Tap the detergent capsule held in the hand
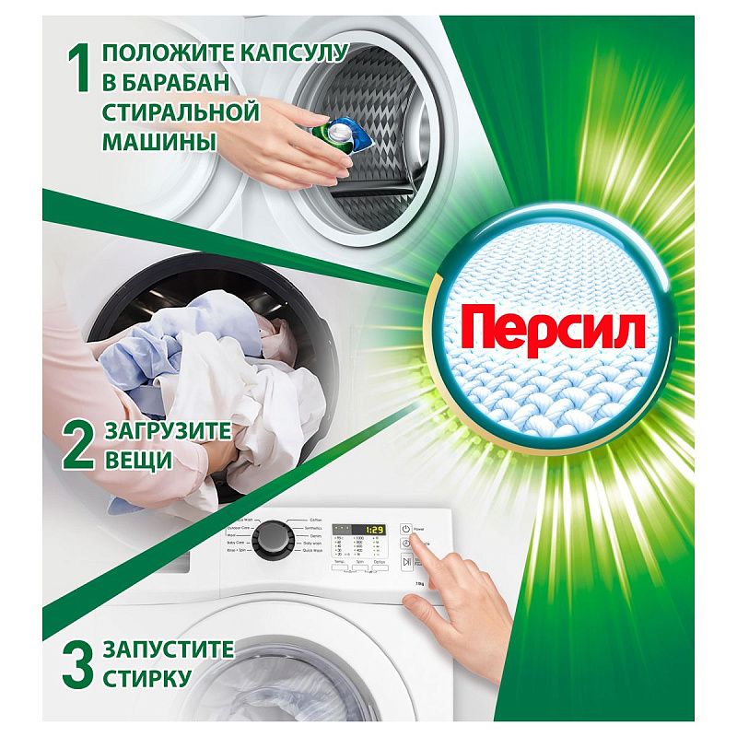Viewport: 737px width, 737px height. pyautogui.click(x=340, y=134)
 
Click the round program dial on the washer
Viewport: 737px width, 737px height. pyautogui.click(x=272, y=539)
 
